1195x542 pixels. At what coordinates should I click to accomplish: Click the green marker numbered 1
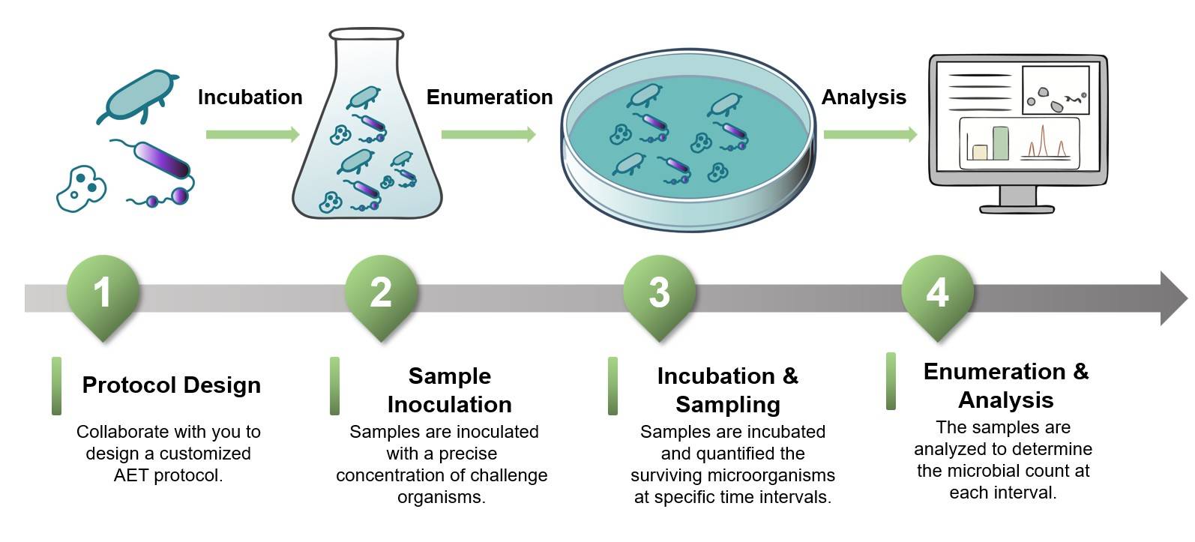point(103,292)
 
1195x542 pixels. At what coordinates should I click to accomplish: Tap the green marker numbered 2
point(381,292)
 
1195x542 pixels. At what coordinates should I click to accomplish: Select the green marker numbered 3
point(659,292)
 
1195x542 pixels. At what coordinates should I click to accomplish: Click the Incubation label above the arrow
point(250,97)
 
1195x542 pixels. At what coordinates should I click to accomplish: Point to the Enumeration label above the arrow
point(490,97)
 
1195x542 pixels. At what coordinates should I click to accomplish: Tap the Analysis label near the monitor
point(864,97)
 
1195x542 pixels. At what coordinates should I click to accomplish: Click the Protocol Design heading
point(172,385)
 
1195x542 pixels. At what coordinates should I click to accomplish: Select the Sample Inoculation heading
point(449,390)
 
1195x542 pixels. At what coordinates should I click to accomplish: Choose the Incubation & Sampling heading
point(727,390)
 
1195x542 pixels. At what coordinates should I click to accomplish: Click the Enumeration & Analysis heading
point(1006,385)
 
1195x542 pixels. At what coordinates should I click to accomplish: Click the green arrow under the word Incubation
point(253,135)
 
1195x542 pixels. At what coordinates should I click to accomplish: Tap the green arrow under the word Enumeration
point(488,135)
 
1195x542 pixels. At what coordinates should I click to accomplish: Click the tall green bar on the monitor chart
point(1001,143)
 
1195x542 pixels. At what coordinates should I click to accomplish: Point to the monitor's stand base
point(1017,208)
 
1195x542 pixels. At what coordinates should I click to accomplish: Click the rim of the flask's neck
point(367,34)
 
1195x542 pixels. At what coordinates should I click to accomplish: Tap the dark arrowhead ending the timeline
point(1173,298)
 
